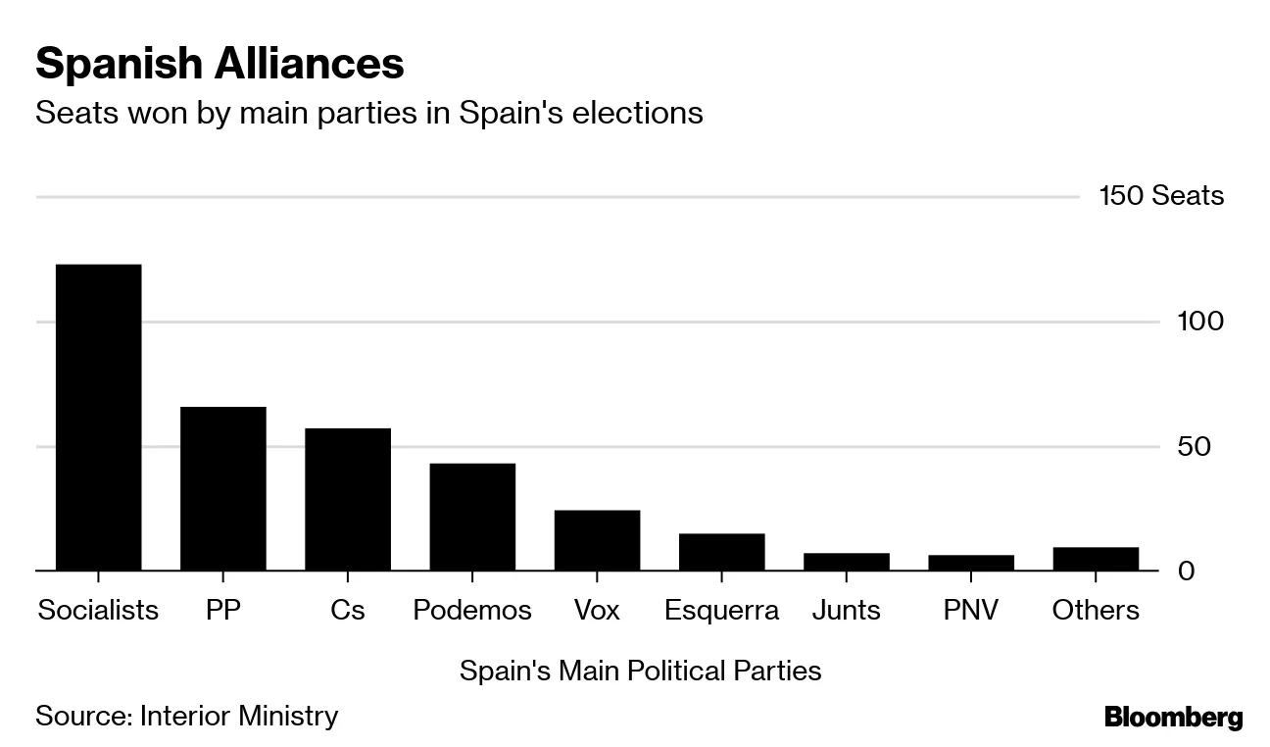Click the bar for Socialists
point(98,417)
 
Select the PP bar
point(222,488)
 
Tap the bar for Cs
point(347,499)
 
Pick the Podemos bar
point(472,517)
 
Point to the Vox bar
point(597,540)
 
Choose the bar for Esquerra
point(721,552)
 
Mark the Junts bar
point(847,562)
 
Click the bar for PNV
point(971,563)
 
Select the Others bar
point(1096,559)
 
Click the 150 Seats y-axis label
point(1161,196)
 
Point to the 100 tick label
point(1199,322)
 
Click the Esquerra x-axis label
point(721,610)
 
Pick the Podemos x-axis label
point(472,610)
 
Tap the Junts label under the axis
point(847,610)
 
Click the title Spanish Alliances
point(220,65)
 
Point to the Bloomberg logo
point(1173,718)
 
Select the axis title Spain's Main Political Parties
point(640,672)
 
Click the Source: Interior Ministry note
point(186,716)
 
